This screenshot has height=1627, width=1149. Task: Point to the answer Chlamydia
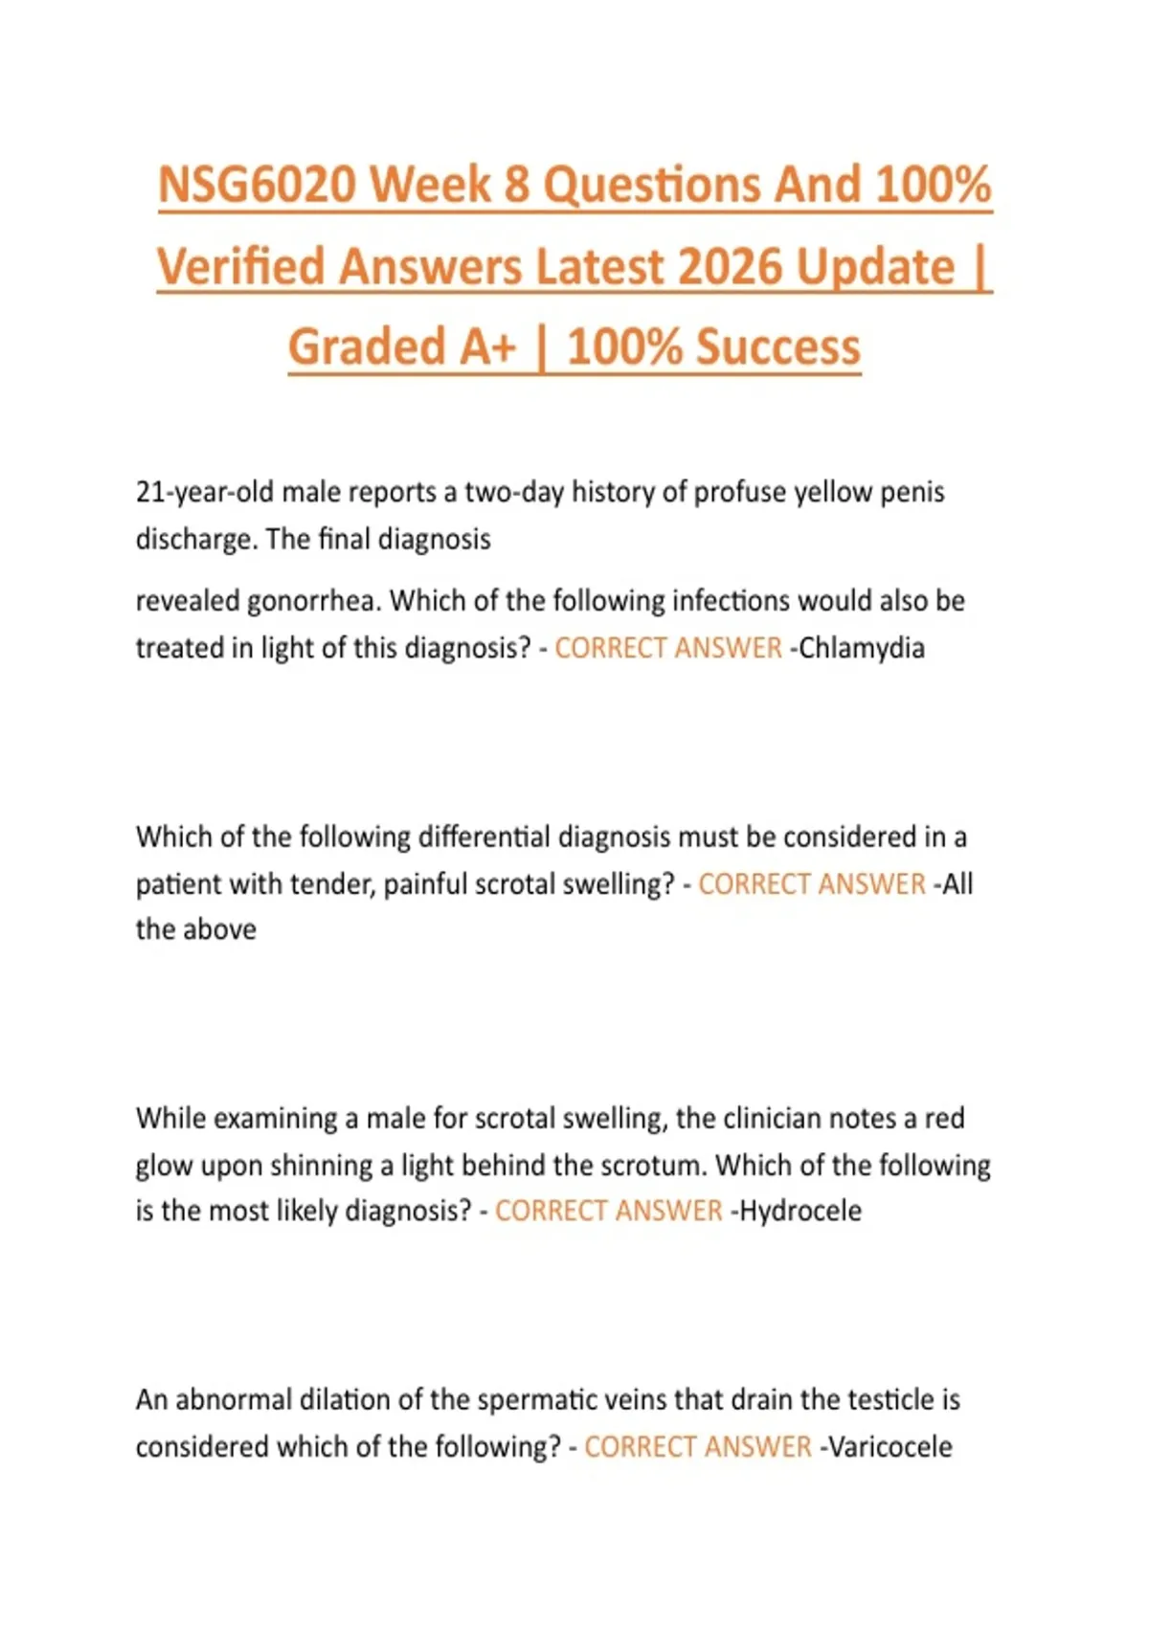tap(862, 648)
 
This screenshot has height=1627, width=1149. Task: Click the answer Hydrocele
tap(800, 1211)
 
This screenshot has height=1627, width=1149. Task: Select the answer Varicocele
tap(890, 1446)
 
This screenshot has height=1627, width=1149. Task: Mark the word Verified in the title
tap(242, 267)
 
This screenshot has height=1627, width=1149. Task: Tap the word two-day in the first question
tap(514, 492)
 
